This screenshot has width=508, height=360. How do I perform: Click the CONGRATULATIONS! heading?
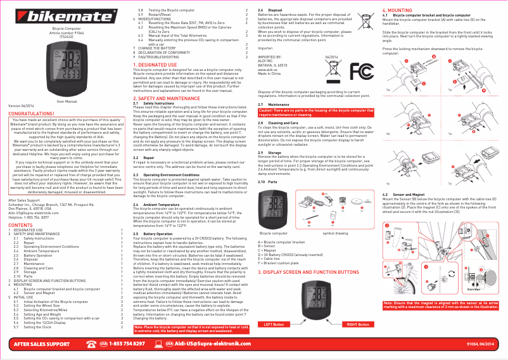[35, 113]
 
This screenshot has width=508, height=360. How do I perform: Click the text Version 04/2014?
[21, 106]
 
